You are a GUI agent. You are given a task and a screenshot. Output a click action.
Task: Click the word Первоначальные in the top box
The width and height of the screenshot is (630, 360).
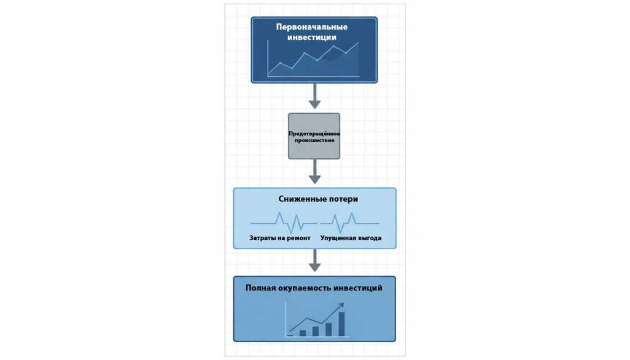click(312, 27)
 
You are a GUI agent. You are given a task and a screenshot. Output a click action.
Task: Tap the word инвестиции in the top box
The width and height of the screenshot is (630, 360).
click(312, 38)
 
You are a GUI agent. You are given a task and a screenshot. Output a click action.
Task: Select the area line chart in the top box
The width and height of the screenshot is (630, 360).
click(313, 58)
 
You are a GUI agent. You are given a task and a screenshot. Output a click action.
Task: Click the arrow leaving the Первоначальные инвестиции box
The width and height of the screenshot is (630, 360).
click(314, 96)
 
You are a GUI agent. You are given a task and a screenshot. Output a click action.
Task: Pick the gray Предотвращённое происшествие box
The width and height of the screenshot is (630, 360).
click(314, 136)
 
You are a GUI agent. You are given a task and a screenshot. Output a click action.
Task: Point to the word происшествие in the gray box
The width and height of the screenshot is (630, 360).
click(314, 140)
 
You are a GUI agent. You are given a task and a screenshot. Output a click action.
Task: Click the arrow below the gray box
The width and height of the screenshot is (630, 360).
click(314, 172)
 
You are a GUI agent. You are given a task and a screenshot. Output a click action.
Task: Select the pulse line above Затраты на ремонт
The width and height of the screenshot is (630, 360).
click(283, 223)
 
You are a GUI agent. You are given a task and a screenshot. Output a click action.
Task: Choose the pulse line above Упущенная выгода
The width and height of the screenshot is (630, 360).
click(349, 223)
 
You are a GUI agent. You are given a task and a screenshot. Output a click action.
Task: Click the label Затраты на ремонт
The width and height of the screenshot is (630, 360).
click(280, 238)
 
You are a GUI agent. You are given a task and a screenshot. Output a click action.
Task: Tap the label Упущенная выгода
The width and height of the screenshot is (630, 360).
click(351, 238)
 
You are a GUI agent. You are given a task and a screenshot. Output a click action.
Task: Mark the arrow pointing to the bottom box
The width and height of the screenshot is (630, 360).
click(314, 260)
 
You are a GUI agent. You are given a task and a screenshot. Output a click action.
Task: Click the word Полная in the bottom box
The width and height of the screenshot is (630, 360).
click(260, 287)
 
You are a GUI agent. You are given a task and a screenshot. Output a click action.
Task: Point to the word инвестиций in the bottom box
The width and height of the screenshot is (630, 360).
click(359, 288)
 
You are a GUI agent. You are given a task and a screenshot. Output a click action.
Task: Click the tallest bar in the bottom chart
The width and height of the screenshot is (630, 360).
click(341, 324)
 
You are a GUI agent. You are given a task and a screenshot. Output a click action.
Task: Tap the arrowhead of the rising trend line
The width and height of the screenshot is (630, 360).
click(341, 305)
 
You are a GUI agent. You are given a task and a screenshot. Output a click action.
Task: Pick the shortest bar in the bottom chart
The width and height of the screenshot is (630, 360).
click(290, 335)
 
